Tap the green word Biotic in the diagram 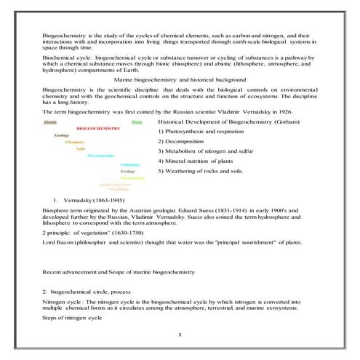click(137, 122)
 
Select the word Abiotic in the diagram click(50, 122)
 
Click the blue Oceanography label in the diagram click(100, 156)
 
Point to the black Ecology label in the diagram click(127, 171)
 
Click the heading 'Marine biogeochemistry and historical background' click(183, 78)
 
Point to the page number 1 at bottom click(179, 334)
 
